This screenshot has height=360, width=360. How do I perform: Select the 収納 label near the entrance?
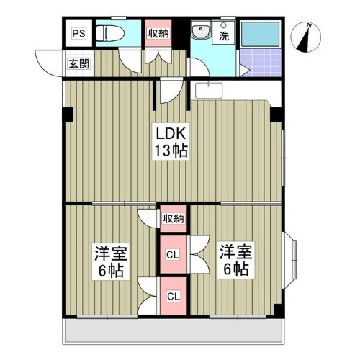pos(158,32)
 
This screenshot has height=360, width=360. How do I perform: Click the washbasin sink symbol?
pos(200,32)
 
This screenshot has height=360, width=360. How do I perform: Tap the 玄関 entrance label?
pos(78,63)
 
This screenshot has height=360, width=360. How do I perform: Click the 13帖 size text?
pos(171,151)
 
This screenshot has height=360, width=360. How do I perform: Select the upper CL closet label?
pos(173,253)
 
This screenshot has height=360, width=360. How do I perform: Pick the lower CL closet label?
pos(173,296)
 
